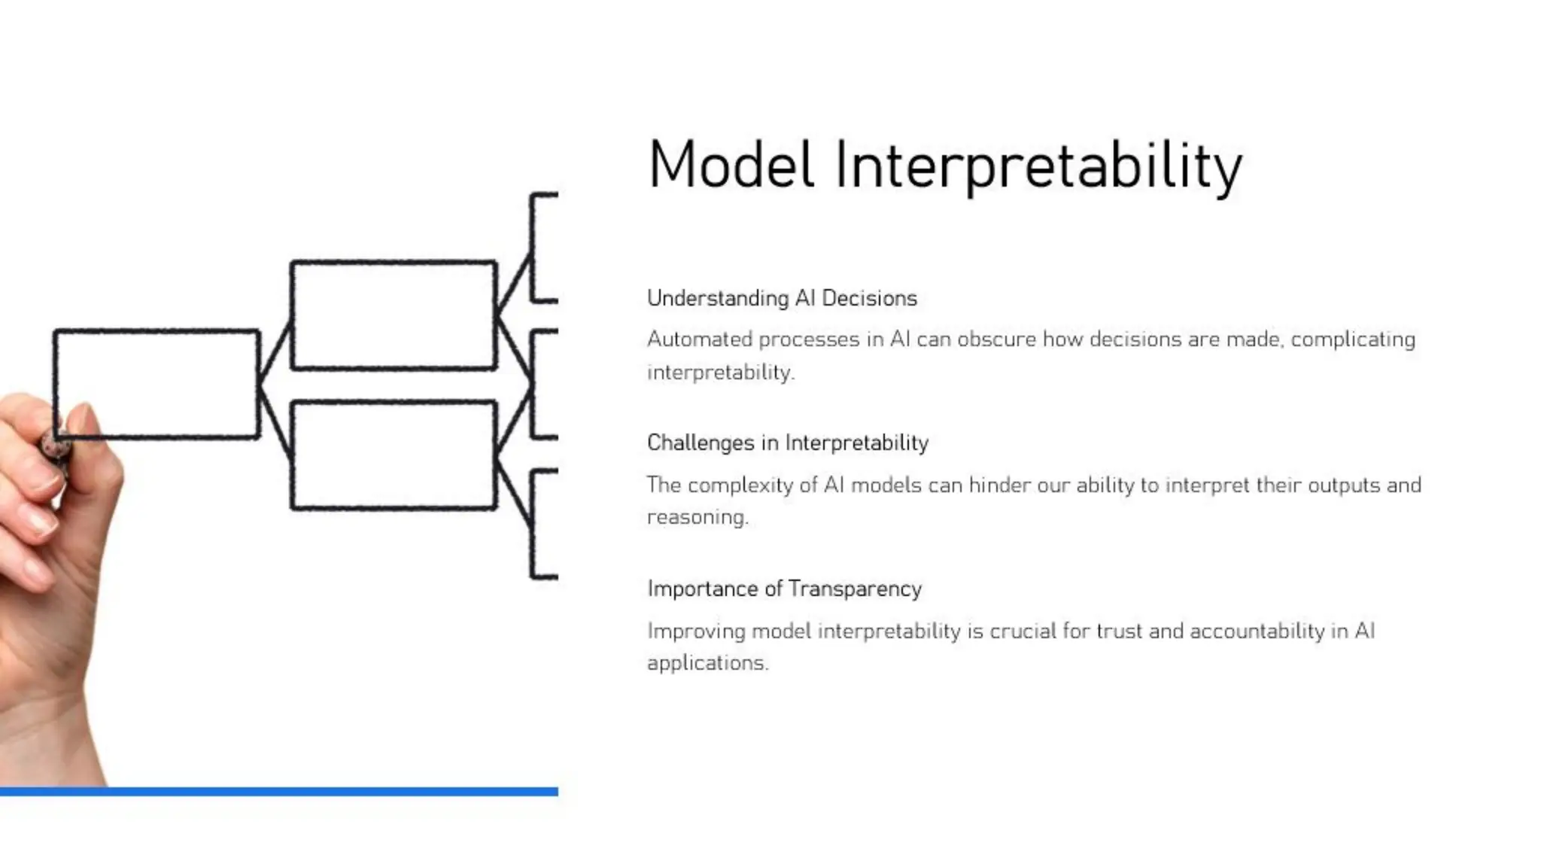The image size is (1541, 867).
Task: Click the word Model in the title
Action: [731, 165]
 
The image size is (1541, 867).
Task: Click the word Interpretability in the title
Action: [1038, 166]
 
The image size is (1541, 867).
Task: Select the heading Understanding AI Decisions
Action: [782, 298]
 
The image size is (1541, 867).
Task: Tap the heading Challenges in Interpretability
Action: [787, 443]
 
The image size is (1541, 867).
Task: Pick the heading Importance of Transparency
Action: [784, 589]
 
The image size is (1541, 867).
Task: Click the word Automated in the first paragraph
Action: [699, 339]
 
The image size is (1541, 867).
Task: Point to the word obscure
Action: [996, 339]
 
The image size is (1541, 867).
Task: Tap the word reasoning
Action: [697, 518]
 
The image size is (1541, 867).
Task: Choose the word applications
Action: [707, 663]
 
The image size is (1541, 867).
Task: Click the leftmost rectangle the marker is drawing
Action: [157, 384]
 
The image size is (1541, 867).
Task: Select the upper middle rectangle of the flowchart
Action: [394, 315]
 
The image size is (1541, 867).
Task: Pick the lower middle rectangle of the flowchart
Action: [394, 456]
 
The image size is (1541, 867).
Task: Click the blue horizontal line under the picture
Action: [278, 791]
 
